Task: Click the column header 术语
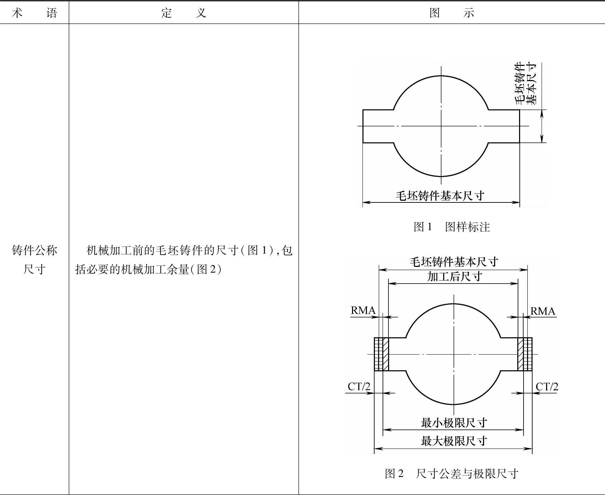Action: [x=34, y=13]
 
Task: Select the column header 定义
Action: [x=184, y=13]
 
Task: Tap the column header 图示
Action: [x=451, y=13]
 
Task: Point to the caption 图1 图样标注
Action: [x=451, y=227]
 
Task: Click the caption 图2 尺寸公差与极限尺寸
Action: [x=451, y=473]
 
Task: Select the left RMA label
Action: [x=363, y=310]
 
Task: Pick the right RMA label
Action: [x=543, y=311]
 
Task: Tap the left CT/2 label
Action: [x=359, y=387]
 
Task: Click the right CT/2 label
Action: [x=547, y=387]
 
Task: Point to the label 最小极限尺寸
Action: [x=454, y=423]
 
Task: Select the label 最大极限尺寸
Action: [x=454, y=441]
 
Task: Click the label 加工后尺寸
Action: [x=454, y=276]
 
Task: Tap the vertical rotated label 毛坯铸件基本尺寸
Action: [x=526, y=84]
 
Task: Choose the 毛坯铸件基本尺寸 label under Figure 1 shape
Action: [x=440, y=196]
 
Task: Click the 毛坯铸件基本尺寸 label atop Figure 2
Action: [x=454, y=261]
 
